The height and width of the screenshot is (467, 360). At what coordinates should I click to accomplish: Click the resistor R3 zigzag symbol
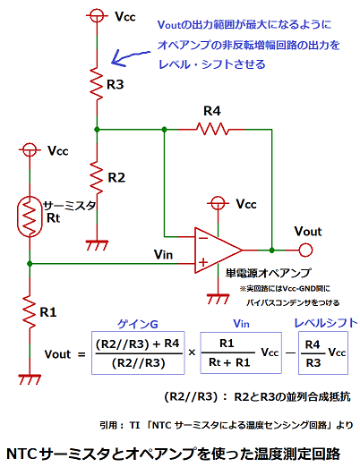click(x=96, y=84)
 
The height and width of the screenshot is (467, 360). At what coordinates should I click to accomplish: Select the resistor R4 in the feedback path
click(x=211, y=130)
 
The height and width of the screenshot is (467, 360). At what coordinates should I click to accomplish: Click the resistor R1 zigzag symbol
click(x=30, y=312)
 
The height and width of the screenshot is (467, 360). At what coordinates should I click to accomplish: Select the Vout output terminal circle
click(x=305, y=248)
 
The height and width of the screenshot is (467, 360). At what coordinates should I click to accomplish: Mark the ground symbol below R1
click(x=30, y=377)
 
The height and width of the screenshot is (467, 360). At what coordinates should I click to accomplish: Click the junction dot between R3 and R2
click(x=96, y=130)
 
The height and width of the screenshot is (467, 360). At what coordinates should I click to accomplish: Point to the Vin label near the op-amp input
click(x=164, y=255)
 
